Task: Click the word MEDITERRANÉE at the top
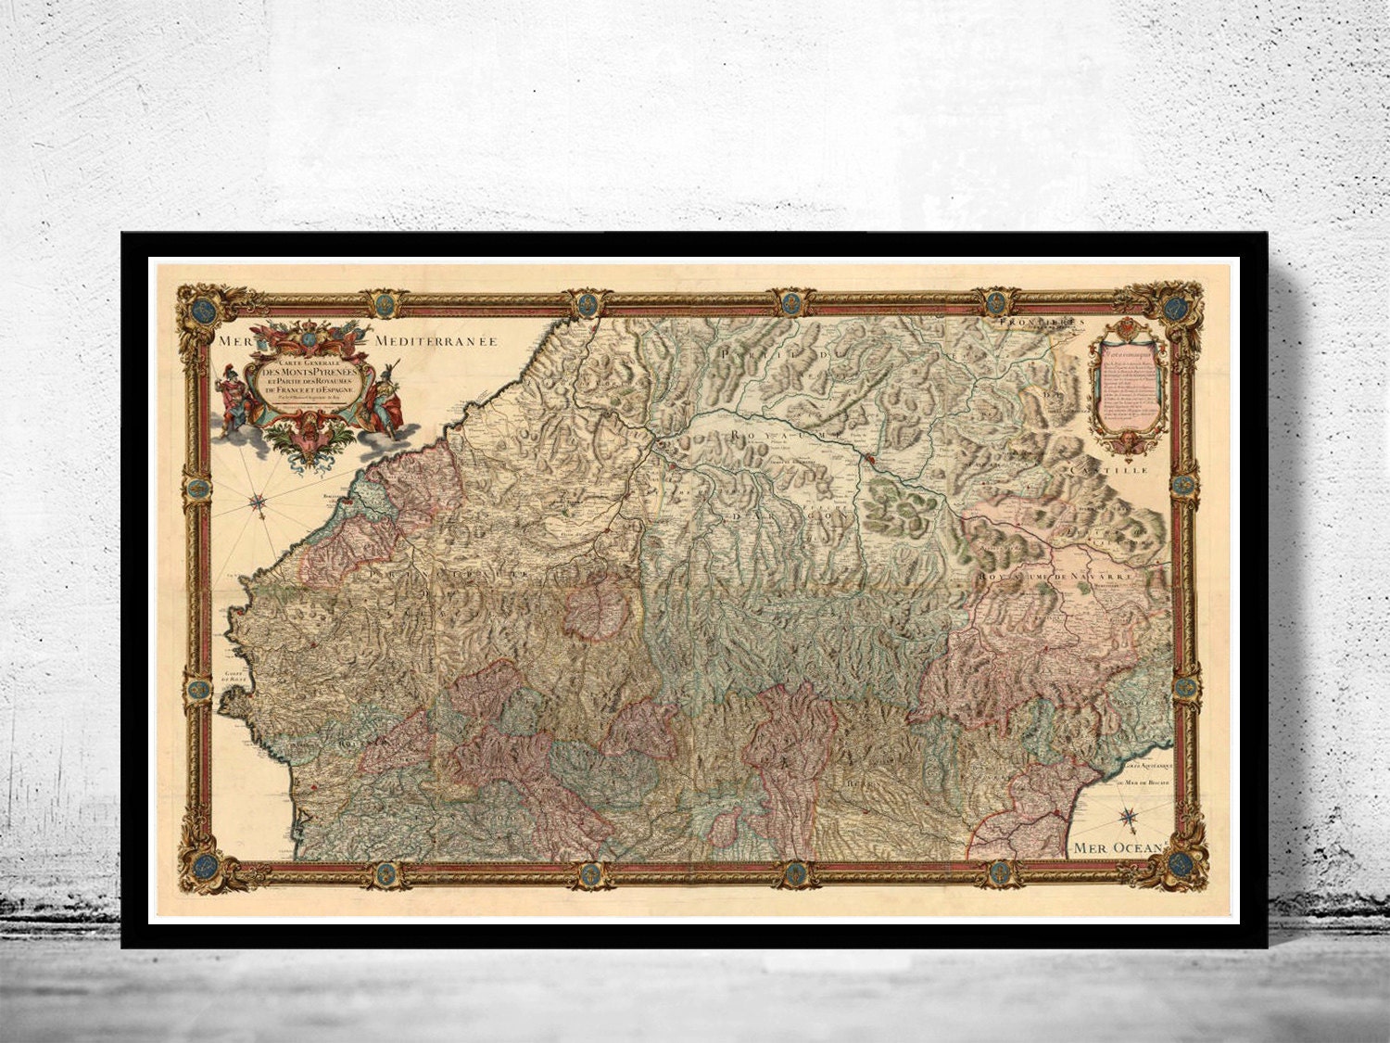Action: click(436, 341)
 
